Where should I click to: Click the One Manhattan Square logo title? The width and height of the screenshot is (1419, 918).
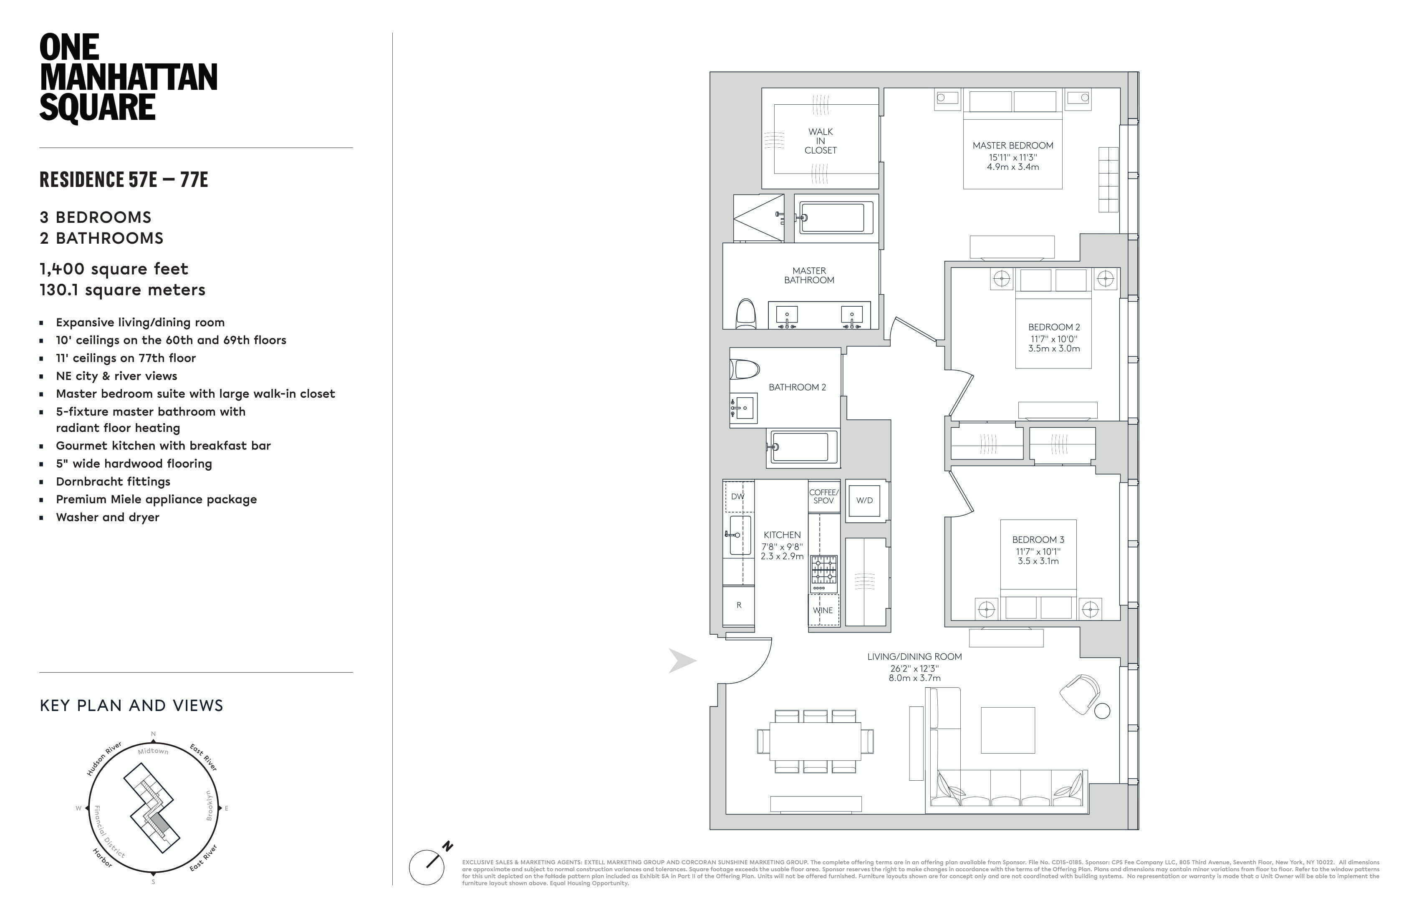[128, 78]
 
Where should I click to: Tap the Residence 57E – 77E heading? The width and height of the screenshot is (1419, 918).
[124, 179]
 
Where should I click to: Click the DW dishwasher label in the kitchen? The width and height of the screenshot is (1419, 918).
[737, 497]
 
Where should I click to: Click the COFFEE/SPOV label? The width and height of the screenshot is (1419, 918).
[823, 497]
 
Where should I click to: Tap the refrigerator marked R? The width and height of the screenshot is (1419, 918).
[739, 605]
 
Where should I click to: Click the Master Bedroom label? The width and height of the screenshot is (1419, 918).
[1012, 146]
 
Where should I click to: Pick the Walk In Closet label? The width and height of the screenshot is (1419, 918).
[821, 141]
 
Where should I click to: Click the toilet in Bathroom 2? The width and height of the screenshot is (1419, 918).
[745, 369]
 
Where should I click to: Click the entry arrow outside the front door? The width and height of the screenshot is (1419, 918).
[682, 661]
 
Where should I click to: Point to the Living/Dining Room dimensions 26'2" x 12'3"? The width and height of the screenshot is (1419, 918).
[914, 668]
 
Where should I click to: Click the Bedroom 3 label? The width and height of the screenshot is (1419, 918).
[1038, 540]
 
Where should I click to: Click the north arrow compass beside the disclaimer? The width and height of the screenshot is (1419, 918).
[427, 867]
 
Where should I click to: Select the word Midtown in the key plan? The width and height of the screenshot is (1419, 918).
[153, 751]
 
